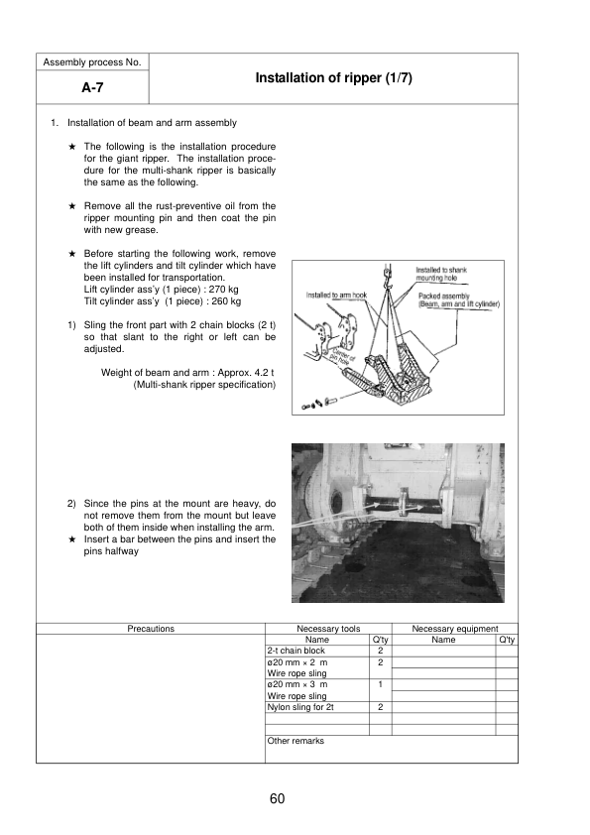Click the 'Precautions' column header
[151, 629]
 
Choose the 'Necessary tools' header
[327, 629]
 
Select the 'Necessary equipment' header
[454, 629]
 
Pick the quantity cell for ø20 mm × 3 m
[381, 684]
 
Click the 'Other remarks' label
[295, 741]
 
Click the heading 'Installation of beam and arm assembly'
[152, 123]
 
